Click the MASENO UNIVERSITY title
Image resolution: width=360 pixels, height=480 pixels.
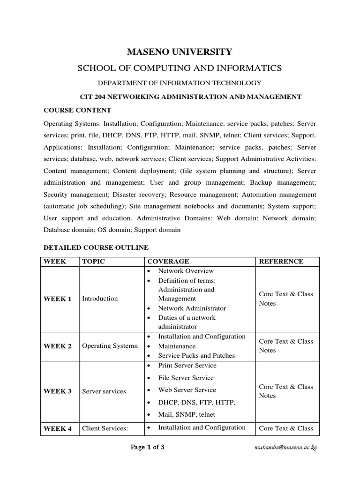click(180, 52)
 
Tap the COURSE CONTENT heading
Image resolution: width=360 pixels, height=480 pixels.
click(77, 111)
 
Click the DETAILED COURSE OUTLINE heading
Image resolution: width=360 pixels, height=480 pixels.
click(96, 247)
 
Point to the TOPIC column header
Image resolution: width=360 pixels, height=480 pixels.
click(93, 262)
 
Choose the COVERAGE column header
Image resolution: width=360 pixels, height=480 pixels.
click(168, 262)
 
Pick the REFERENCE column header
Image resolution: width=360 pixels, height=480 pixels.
click(281, 262)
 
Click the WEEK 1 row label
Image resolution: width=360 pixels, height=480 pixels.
click(58, 299)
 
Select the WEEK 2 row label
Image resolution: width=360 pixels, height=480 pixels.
click(58, 346)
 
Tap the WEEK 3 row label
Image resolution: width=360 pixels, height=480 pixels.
click(58, 391)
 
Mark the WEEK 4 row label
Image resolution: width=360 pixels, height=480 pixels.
click(58, 428)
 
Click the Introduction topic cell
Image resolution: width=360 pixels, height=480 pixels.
click(100, 299)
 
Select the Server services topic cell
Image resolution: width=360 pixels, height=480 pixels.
click(104, 391)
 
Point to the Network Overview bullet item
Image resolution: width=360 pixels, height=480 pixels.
click(186, 271)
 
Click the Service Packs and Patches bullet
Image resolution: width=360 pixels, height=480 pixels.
click(196, 356)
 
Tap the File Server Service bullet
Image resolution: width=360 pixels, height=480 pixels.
click(186, 378)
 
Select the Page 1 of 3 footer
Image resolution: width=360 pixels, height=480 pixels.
click(148, 447)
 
